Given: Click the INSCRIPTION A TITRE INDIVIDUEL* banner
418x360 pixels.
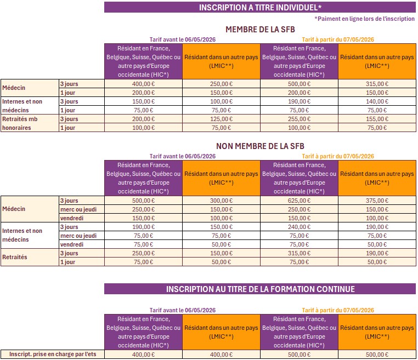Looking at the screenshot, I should click(260, 7).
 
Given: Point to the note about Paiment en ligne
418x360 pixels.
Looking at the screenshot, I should click(365, 18).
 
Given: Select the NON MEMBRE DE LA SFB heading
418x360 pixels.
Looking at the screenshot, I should click(260, 146).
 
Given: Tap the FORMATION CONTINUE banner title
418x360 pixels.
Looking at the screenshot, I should click(260, 289).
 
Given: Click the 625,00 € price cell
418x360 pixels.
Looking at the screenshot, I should click(300, 201).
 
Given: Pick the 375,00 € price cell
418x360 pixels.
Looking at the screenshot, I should click(377, 201).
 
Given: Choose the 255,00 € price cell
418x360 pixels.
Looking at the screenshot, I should click(300, 119).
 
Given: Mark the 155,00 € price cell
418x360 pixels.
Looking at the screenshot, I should click(377, 119).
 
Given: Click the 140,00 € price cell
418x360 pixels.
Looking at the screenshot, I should click(377, 101).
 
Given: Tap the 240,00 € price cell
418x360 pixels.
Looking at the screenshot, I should click(300, 227).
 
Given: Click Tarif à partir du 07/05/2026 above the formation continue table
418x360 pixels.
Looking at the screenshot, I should click(338, 310).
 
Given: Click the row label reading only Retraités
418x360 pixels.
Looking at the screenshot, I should click(15, 258).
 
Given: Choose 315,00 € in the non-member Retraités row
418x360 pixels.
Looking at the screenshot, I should click(300, 253).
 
